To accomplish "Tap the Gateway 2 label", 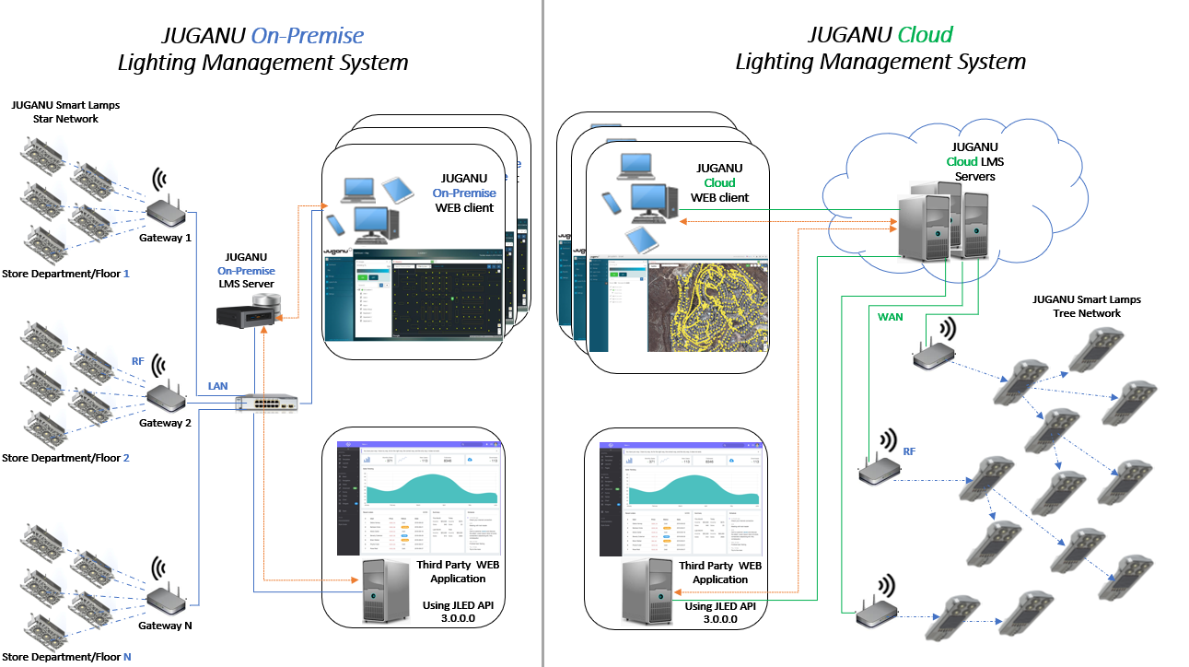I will (x=165, y=423).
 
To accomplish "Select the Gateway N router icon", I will (x=166, y=600).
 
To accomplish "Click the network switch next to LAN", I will (x=267, y=404).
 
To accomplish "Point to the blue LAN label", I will (x=218, y=384).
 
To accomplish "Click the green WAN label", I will (x=890, y=317).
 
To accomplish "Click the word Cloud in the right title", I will (x=925, y=35).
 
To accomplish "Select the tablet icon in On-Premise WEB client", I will (x=400, y=190).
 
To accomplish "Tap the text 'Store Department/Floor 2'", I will (x=65, y=458).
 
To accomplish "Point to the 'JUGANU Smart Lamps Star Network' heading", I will (x=64, y=111).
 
